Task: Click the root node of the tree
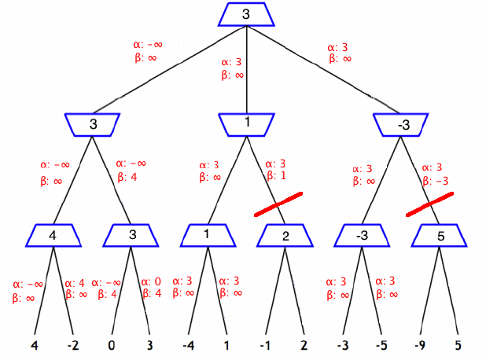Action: [x=247, y=14]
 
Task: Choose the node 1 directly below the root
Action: [x=247, y=123]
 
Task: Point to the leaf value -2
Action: [x=75, y=343]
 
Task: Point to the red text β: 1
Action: [x=276, y=176]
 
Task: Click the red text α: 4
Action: [x=75, y=283]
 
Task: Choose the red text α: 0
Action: [x=151, y=282]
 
